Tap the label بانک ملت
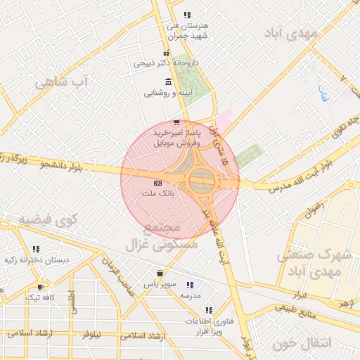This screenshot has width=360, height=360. click(x=157, y=193)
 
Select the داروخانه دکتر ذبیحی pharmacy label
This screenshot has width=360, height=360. click(x=167, y=63)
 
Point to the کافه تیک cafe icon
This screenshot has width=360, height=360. click(x=40, y=287)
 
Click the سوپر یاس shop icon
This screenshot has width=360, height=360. click(x=160, y=273)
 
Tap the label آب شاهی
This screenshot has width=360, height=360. click(x=64, y=83)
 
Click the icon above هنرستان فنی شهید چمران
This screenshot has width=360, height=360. click(x=186, y=15)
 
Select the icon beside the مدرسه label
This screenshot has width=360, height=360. click(x=189, y=285)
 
